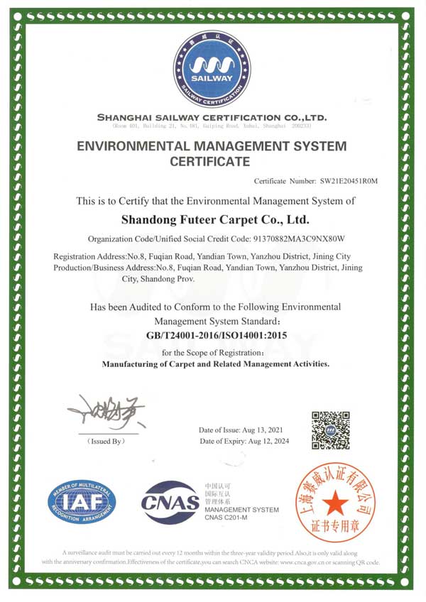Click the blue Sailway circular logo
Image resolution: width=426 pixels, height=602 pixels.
tap(212, 69)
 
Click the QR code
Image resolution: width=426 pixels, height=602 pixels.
tap(331, 429)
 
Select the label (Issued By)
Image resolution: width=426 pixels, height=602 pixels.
tap(106, 442)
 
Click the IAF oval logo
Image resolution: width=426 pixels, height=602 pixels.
tap(82, 502)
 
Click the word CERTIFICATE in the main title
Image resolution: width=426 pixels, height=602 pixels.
tap(210, 162)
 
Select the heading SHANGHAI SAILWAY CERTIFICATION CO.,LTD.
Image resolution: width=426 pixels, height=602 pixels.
tap(212, 117)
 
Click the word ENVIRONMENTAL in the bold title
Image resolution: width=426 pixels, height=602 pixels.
tap(130, 146)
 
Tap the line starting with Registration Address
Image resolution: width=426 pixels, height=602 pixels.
tap(202, 256)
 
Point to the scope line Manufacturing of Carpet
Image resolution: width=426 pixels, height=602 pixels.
tap(216, 364)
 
